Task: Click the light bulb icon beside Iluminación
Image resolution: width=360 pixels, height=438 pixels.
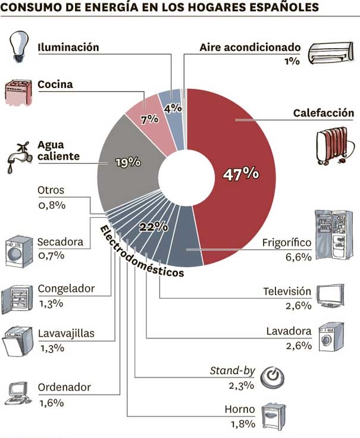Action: tap(18, 46)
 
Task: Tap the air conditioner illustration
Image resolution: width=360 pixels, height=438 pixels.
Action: tap(331, 53)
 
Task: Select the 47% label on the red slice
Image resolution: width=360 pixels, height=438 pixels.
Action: tap(241, 174)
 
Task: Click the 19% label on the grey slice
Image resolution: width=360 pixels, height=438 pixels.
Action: tap(128, 162)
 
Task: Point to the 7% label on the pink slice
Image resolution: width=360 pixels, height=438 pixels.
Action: tap(150, 120)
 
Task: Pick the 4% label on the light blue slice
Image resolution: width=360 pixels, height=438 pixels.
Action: tap(173, 108)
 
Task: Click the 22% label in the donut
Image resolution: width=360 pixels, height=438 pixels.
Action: tap(154, 227)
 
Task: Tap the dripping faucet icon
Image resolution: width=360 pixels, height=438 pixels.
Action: tap(19, 157)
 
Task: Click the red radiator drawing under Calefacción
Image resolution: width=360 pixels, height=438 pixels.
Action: tap(335, 146)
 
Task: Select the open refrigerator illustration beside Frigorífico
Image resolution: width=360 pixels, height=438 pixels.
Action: tap(334, 235)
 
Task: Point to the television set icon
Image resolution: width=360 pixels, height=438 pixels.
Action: tap(330, 296)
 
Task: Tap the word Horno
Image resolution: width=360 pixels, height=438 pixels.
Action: tap(240, 409)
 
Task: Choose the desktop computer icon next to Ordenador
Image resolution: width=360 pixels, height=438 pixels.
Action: tap(18, 393)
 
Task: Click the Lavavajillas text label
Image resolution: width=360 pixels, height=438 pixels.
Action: tap(66, 333)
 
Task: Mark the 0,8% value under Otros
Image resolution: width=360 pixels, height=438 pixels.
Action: tap(52, 205)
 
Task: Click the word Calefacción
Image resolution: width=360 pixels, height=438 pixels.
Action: tap(324, 113)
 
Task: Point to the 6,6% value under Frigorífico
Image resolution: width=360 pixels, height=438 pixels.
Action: tap(298, 256)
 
